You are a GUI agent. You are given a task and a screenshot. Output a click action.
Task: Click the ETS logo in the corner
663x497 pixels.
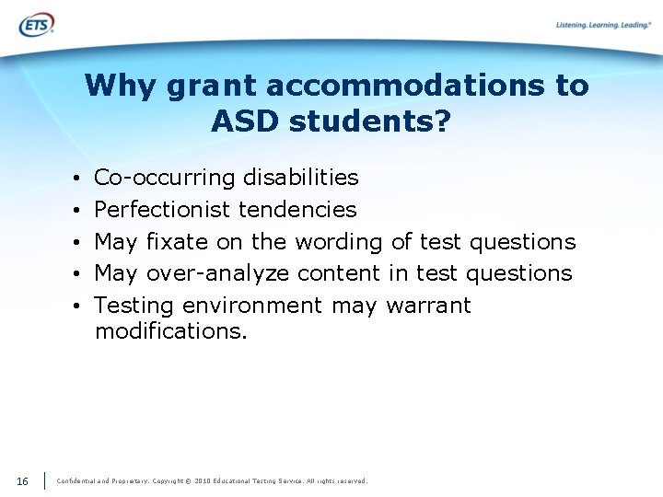(x=36, y=24)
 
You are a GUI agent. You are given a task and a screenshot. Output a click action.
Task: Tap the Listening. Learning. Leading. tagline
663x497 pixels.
(x=603, y=25)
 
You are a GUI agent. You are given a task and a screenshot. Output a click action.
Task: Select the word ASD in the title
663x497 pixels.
(x=248, y=121)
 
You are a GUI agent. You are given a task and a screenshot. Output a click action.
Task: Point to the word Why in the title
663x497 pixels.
(x=121, y=86)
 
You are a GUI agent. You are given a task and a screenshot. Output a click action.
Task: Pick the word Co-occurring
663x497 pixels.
(x=165, y=178)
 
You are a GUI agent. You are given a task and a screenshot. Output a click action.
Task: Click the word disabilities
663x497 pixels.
(x=300, y=177)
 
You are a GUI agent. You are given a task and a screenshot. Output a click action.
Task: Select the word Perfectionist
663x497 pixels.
(x=163, y=209)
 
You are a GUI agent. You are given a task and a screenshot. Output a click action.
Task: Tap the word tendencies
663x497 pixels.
(x=297, y=209)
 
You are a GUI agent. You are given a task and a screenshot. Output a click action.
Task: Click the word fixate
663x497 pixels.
(x=178, y=241)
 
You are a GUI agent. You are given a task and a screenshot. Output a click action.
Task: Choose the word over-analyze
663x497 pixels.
(x=217, y=273)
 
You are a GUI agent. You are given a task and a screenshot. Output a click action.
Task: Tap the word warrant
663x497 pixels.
(x=428, y=305)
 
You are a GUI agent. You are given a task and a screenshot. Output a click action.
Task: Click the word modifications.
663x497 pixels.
(x=170, y=330)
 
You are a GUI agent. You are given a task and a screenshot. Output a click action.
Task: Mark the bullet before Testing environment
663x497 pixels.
(x=80, y=306)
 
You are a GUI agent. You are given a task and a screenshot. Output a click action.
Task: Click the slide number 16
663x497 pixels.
(x=22, y=480)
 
